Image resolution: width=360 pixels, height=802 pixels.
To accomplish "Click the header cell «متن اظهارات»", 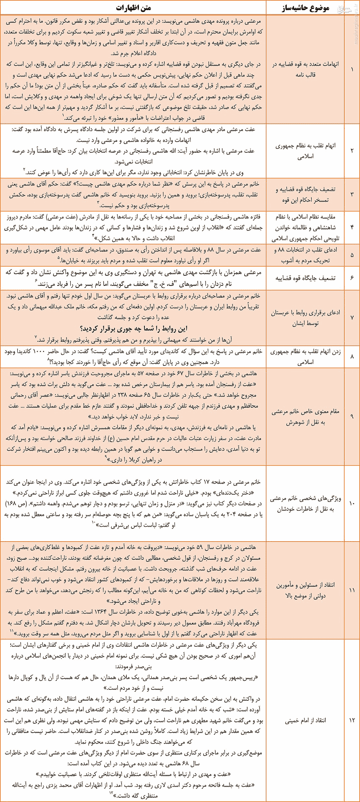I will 133,8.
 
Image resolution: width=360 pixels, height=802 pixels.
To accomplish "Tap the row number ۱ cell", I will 352,69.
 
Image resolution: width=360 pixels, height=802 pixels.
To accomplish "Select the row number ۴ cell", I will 352,227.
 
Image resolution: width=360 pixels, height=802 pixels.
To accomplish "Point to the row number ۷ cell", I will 352,318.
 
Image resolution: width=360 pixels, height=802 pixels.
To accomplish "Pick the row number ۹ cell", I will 352,417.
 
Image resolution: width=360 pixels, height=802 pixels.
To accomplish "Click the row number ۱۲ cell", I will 352,720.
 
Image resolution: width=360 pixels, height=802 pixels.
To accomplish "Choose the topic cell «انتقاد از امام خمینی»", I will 305,720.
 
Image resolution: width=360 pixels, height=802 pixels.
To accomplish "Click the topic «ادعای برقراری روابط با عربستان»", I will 305,318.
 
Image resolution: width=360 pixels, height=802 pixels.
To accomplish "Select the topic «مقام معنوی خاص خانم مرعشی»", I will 305,417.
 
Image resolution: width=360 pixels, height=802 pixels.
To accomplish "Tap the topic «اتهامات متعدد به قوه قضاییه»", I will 305,69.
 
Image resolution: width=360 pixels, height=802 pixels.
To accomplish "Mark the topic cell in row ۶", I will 305,278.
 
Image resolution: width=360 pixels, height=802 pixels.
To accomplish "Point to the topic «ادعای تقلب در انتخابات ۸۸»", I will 305,255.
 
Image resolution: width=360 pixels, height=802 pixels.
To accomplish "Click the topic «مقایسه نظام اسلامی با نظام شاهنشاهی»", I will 305,227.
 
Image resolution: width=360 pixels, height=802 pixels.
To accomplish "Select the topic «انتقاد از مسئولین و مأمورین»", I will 305,590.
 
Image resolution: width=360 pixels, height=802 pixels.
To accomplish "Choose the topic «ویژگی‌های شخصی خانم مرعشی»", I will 305,503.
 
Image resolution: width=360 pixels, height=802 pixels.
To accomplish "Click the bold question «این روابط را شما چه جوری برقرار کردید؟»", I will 133,329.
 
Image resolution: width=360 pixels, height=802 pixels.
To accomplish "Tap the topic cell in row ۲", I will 305,151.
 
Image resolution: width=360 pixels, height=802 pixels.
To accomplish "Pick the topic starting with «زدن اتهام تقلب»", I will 305,357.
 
